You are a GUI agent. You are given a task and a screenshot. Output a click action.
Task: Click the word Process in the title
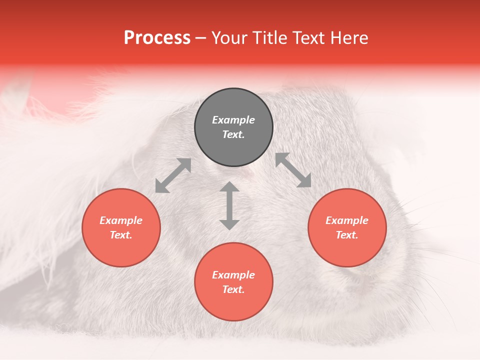pyautogui.click(x=157, y=38)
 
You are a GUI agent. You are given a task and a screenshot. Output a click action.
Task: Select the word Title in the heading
pyautogui.click(x=271, y=38)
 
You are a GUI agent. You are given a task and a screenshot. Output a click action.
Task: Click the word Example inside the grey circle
pyautogui.click(x=233, y=120)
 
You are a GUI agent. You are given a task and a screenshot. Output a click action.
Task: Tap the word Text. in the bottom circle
pyautogui.click(x=233, y=289)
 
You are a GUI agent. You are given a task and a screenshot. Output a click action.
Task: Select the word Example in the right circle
pyautogui.click(x=347, y=220)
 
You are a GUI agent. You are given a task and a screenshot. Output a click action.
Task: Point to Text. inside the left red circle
pyautogui.click(x=121, y=235)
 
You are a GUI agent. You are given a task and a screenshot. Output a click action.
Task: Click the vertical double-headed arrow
pyautogui.click(x=229, y=205)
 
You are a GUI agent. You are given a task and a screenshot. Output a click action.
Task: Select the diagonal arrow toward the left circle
pyautogui.click(x=173, y=175)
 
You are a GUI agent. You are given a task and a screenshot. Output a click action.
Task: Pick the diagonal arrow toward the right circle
pyautogui.click(x=293, y=170)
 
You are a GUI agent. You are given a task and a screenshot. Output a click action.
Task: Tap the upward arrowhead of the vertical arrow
pyautogui.click(x=229, y=187)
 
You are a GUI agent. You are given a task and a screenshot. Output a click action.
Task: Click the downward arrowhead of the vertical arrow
pyautogui.click(x=229, y=224)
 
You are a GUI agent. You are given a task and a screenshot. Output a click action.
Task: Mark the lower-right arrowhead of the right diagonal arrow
pyautogui.click(x=304, y=181)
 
